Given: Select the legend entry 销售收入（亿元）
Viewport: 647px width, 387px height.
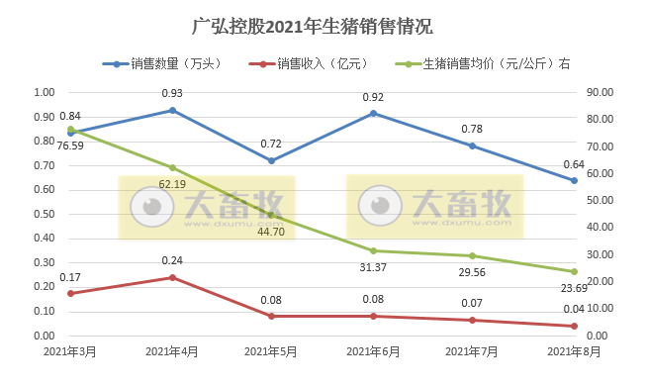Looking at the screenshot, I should [x=323, y=64].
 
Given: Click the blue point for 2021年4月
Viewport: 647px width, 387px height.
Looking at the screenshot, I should [x=172, y=110].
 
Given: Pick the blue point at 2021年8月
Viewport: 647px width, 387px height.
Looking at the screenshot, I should [x=574, y=180].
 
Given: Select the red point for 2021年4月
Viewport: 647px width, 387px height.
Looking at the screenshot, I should [x=172, y=278].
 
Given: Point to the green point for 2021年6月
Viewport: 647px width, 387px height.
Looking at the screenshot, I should [x=373, y=251].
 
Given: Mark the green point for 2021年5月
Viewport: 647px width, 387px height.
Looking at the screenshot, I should [x=272, y=215].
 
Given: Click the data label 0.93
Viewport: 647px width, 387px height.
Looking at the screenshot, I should [x=172, y=93].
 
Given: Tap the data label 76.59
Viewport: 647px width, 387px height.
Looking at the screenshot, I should [x=70, y=146].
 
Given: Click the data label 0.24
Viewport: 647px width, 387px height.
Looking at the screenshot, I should [x=172, y=261].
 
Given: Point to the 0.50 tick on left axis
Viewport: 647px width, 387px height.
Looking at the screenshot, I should [x=45, y=215].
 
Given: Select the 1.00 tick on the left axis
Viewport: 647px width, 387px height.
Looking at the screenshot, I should [x=45, y=93].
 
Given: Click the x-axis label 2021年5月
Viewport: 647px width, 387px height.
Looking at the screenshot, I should [x=272, y=351].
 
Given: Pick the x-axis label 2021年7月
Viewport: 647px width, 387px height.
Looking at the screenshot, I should [x=473, y=351].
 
